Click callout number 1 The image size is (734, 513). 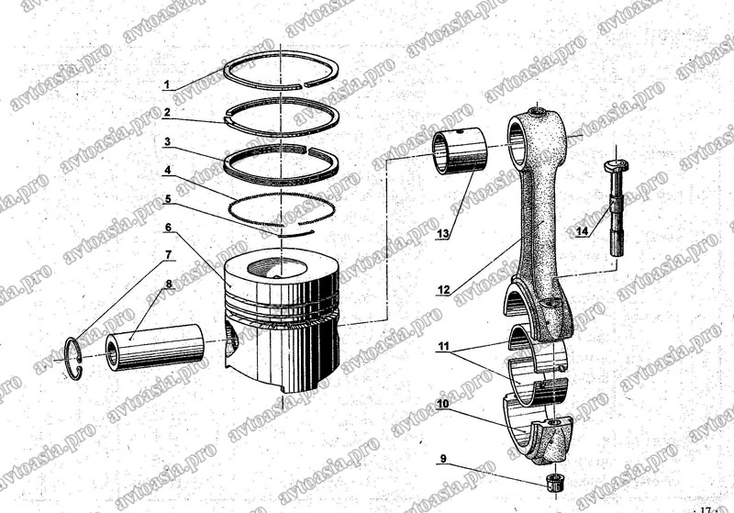(167, 85)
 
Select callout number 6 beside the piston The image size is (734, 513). (168, 228)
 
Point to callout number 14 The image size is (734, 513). (582, 231)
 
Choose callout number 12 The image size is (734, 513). (443, 290)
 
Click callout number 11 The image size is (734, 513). (444, 346)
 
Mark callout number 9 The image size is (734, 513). (444, 459)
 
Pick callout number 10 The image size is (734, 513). (443, 403)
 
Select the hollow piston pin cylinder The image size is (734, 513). (155, 347)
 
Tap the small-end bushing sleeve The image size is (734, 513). (460, 151)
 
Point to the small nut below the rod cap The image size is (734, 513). (555, 483)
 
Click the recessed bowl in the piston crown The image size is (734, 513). (276, 268)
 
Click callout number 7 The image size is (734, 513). (168, 255)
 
